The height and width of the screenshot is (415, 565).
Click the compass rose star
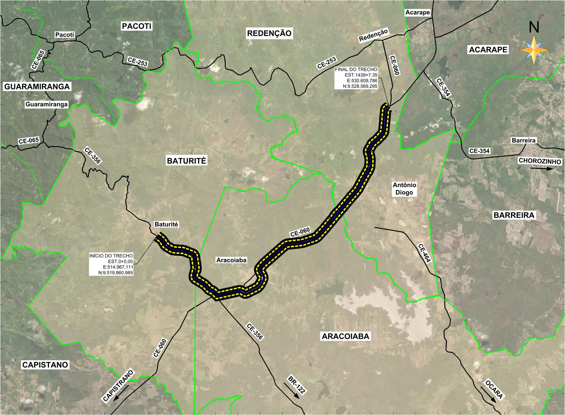[534, 50]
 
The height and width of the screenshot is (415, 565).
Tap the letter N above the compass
[534, 27]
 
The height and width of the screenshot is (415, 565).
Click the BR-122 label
[297, 384]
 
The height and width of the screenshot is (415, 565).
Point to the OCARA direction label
[494, 390]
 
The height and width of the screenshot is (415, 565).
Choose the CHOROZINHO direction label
[540, 161]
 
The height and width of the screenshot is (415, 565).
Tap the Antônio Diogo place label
[404, 189]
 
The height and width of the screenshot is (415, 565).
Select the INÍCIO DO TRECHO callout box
[111, 264]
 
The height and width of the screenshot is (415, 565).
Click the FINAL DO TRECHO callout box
[356, 78]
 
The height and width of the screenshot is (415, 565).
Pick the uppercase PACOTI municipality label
[137, 26]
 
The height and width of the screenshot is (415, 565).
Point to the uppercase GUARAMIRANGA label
[37, 87]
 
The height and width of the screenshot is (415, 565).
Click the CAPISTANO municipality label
[45, 365]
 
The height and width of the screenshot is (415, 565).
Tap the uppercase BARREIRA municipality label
[514, 215]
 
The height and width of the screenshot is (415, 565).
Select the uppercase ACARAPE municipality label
[488, 50]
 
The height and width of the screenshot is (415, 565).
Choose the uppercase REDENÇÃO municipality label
[269, 33]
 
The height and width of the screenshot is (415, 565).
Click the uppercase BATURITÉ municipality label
[186, 161]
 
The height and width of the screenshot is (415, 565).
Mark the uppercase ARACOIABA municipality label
[345, 336]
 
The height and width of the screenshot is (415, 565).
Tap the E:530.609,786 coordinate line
[362, 81]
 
